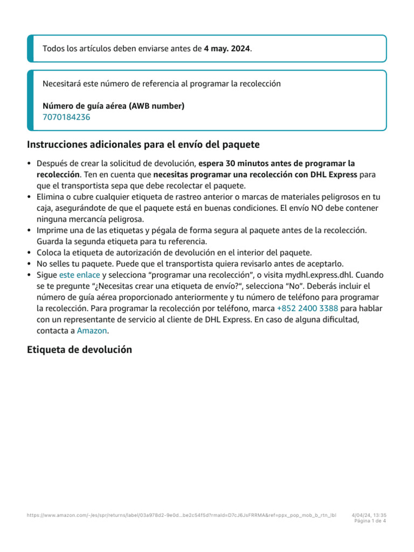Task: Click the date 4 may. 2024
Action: coord(227,49)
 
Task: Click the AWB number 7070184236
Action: coord(66,117)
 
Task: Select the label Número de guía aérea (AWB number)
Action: coord(113,106)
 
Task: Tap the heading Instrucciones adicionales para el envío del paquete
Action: coord(143,144)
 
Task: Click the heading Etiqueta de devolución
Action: coord(79,349)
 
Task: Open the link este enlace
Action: coord(79,275)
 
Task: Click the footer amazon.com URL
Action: coord(181,515)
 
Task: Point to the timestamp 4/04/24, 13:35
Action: coord(369,515)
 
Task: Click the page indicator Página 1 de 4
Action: coord(370,521)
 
